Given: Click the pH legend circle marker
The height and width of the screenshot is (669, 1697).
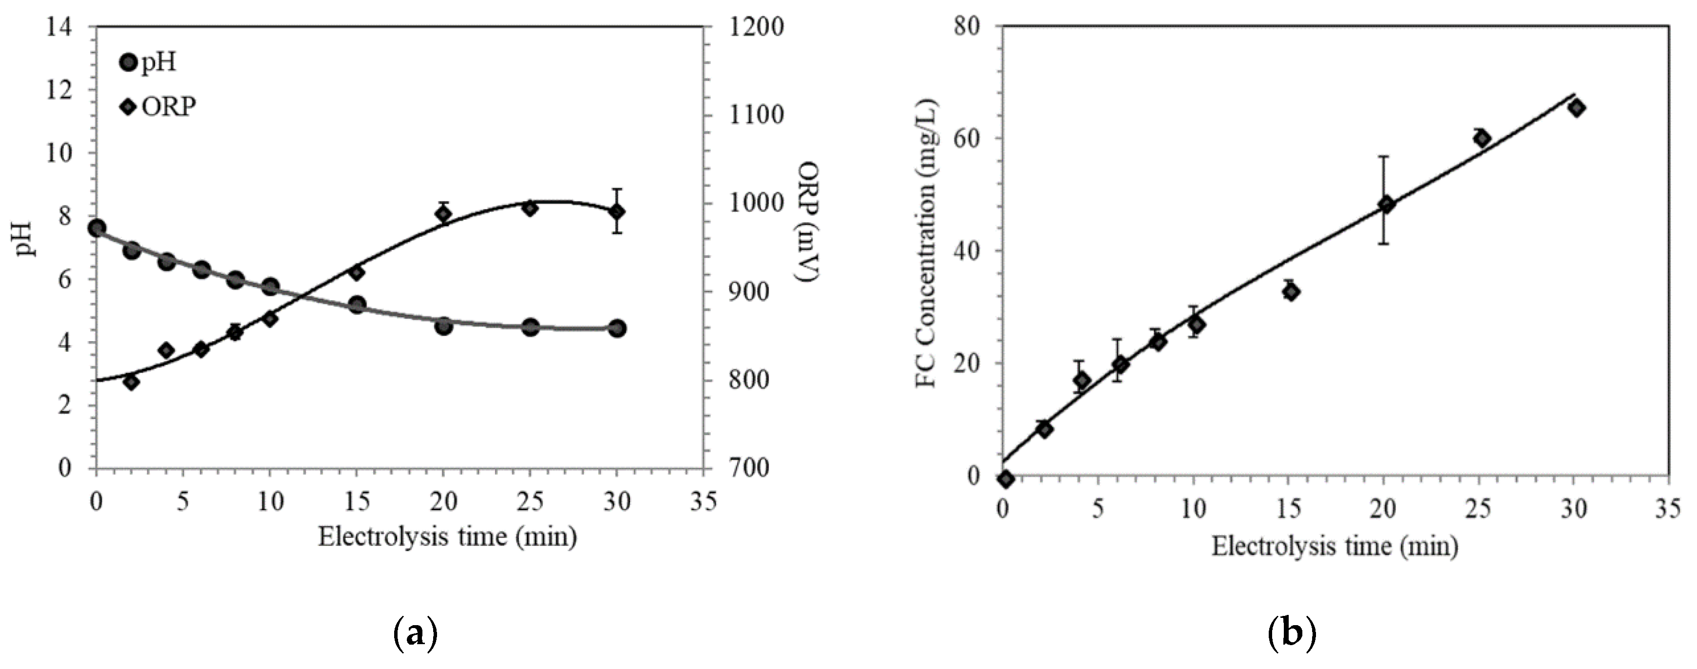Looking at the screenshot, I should pyautogui.click(x=130, y=63).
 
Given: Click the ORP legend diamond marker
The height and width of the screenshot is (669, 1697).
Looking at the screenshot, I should pyautogui.click(x=130, y=107).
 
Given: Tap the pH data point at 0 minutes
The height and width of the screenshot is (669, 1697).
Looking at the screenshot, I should pyautogui.click(x=97, y=228).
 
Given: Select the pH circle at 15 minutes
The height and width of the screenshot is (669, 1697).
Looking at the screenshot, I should pyautogui.click(x=357, y=305).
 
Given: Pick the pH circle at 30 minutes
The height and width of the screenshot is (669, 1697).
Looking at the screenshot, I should pyautogui.click(x=617, y=328).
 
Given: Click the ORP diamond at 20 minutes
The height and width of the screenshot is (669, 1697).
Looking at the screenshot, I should pyautogui.click(x=443, y=213).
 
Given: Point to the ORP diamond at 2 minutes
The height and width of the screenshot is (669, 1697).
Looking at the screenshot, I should pyautogui.click(x=131, y=382).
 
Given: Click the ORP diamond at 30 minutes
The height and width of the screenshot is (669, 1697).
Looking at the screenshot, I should pyautogui.click(x=617, y=211).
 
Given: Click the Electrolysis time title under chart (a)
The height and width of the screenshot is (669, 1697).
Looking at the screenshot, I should pyautogui.click(x=447, y=536).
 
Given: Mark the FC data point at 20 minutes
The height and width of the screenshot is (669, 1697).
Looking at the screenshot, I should pyautogui.click(x=1387, y=204).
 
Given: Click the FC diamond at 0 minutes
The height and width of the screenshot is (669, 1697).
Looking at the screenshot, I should pyautogui.click(x=1005, y=479).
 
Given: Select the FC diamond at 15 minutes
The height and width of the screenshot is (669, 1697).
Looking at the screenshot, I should pyautogui.click(x=1291, y=292).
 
